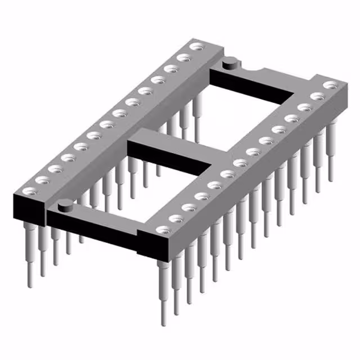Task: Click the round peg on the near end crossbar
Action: pos(65,205)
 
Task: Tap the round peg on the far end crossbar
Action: pos(229,64)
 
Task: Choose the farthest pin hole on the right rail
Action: pos(330,85)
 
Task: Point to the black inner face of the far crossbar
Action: pos(253,84)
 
